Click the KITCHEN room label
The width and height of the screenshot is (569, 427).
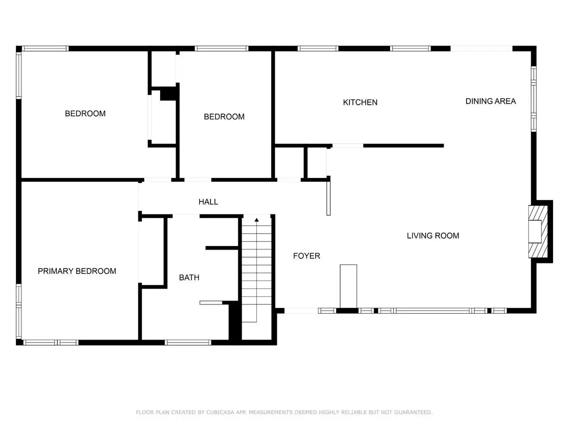(x=360, y=102)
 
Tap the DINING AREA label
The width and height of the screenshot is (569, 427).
(x=490, y=101)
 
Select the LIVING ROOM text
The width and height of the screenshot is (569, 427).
(x=433, y=235)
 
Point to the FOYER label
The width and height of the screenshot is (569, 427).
(x=306, y=256)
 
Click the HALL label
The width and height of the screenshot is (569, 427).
(x=208, y=201)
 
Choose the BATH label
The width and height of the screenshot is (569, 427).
(x=189, y=278)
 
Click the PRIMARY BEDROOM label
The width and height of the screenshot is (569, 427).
(x=77, y=271)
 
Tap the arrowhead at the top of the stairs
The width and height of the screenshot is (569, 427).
(x=256, y=220)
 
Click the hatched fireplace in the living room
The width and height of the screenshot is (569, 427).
(x=537, y=232)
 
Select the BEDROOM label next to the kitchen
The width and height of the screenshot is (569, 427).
(x=224, y=117)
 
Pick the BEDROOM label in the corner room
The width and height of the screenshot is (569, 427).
(x=85, y=113)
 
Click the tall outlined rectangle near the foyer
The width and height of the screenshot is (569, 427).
(x=348, y=286)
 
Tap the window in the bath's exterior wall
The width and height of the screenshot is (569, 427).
(x=188, y=342)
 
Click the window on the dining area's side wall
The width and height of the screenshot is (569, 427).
(x=533, y=99)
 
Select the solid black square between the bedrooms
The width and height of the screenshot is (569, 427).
(x=168, y=93)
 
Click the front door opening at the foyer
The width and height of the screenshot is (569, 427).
(x=301, y=310)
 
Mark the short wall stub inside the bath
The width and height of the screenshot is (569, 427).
(x=222, y=248)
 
